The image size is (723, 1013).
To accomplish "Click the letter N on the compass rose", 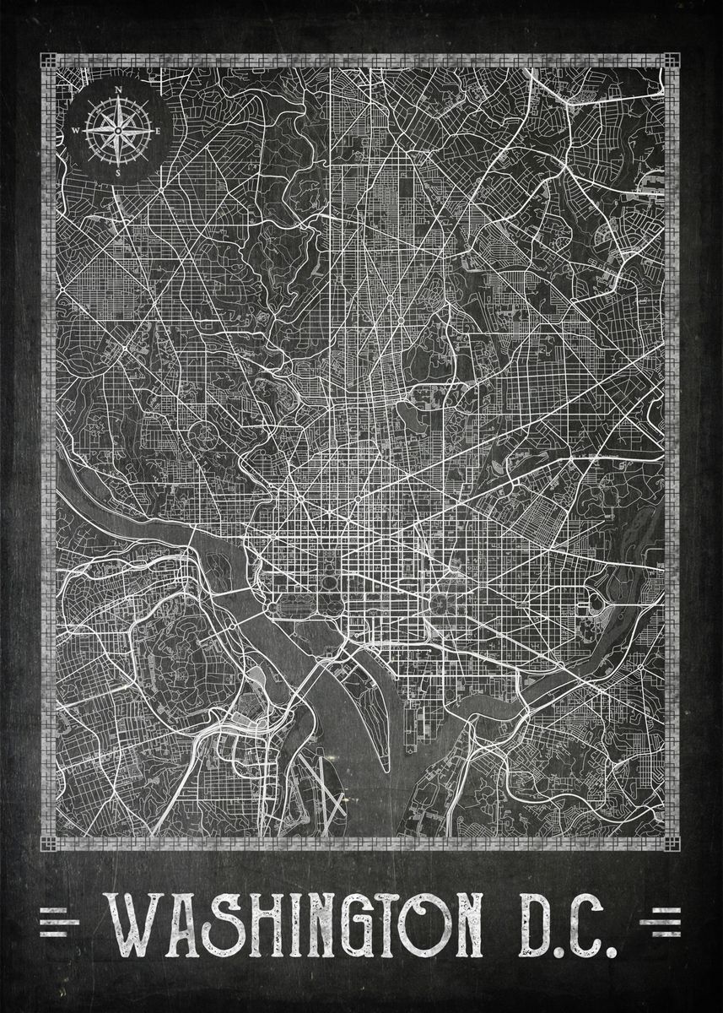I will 118,89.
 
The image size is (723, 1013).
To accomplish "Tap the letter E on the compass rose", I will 158,130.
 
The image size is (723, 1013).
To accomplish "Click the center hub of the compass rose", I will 118,130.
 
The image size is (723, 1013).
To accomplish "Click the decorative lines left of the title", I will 59,921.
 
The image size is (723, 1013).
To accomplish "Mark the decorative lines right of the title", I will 661,921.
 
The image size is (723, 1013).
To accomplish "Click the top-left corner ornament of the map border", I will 48,61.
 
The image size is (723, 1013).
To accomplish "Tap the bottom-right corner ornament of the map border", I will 672,843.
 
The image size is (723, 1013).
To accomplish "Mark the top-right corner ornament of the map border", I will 672,61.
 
